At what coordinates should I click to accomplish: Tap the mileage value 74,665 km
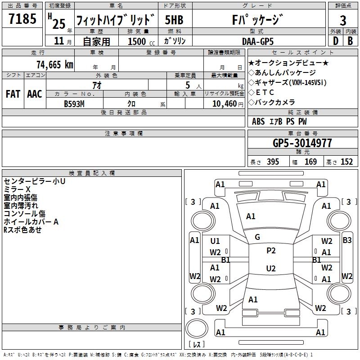54,64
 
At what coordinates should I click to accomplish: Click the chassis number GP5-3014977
302,143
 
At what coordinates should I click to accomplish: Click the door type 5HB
174,20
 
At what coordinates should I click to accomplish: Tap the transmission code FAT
13,94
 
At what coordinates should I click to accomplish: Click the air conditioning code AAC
34,94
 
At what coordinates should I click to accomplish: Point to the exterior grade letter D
335,41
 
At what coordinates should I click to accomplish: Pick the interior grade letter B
350,41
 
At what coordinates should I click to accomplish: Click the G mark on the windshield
257,237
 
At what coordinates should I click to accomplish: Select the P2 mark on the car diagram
271,251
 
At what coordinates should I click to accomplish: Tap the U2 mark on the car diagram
271,269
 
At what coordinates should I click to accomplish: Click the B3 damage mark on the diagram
347,240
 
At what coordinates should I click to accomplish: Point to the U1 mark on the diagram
215,241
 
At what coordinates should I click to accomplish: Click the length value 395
273,162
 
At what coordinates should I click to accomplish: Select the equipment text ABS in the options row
258,121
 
